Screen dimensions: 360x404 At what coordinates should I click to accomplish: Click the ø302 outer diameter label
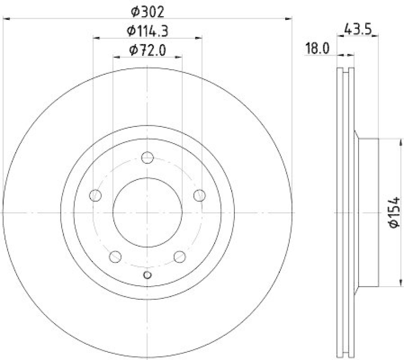click(147, 11)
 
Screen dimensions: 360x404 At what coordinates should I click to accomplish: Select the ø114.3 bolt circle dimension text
click(147, 31)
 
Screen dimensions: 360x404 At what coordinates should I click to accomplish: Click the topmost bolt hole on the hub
click(147, 158)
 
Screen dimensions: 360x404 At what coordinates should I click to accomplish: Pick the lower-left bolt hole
click(115, 257)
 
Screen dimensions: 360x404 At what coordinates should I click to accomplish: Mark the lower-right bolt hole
click(179, 257)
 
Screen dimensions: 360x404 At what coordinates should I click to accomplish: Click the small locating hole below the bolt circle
click(147, 275)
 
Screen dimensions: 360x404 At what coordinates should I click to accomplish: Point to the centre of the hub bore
click(147, 212)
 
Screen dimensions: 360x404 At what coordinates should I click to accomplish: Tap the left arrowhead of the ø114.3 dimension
click(96, 38)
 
